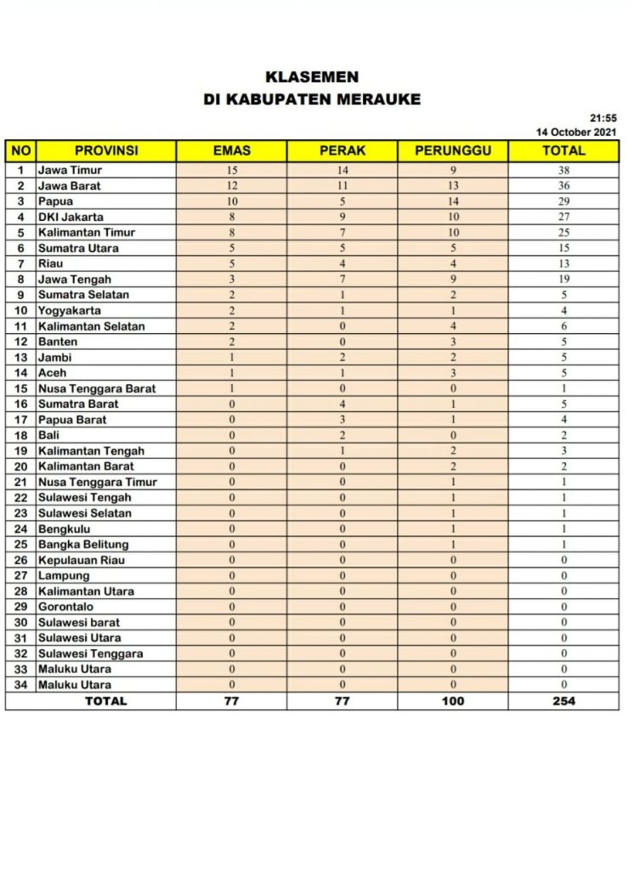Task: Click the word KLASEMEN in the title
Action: (x=312, y=77)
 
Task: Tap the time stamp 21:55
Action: (x=603, y=118)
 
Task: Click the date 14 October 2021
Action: (x=576, y=132)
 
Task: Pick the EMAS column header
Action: (x=231, y=151)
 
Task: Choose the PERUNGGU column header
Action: (x=453, y=151)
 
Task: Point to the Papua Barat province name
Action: (x=72, y=419)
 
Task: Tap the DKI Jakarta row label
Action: (x=71, y=217)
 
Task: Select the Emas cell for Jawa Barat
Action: (x=231, y=185)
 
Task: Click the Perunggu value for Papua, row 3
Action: (x=453, y=201)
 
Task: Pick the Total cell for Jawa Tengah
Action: (x=563, y=279)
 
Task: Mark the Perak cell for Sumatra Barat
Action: (x=342, y=404)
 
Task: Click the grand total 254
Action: (x=563, y=701)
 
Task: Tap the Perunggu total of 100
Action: (x=453, y=701)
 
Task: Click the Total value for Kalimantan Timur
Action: (x=563, y=232)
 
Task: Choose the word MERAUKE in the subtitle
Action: (x=379, y=99)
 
